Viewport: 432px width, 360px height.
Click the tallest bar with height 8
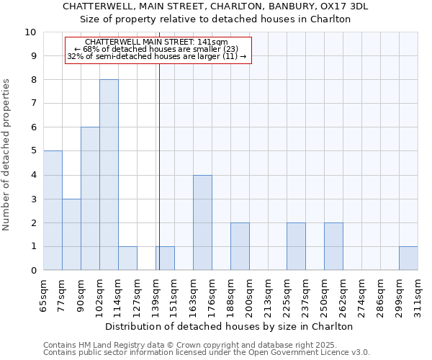pos(109,175)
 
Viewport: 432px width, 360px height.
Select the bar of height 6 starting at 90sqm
pos(90,199)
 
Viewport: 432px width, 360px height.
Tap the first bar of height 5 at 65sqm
pos(53,210)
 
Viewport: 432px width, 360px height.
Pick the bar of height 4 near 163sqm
pos(202,222)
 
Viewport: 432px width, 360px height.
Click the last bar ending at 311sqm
pos(408,258)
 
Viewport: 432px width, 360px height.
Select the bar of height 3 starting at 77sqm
pos(71,235)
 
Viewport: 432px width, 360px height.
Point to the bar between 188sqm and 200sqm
pos(240,246)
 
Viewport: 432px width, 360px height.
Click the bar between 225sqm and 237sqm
pos(296,246)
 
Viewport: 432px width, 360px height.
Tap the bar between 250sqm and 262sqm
pos(333,246)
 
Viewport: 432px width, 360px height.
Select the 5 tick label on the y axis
pos(33,151)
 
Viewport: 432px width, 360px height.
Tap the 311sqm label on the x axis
pos(418,295)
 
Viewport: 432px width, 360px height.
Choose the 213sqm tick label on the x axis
pos(269,295)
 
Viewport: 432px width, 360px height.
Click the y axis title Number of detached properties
pos(7,155)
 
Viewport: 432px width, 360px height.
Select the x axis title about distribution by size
pos(234,326)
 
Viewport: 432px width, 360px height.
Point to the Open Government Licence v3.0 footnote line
pos(207,353)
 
